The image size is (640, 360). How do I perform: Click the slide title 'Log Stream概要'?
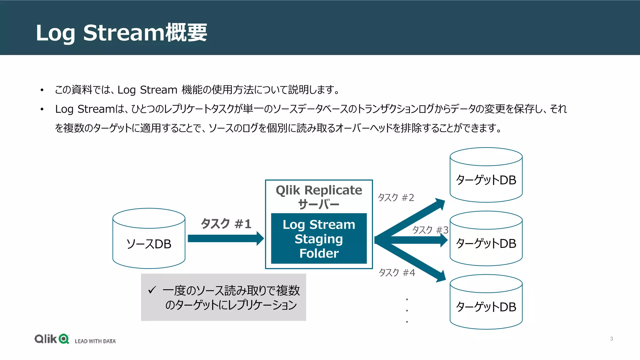point(121,32)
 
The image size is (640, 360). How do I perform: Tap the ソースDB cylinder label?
point(149,244)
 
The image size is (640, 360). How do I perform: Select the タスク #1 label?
point(226,224)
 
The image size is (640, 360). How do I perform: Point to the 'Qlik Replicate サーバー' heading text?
point(319,197)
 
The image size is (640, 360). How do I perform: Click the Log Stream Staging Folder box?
point(319,239)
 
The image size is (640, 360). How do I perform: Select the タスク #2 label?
point(396,197)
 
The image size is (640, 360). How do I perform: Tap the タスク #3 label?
point(430,230)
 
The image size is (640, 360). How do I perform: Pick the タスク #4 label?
point(397,273)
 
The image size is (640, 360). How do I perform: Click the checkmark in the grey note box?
point(152,290)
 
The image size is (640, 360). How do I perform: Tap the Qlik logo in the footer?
point(52,339)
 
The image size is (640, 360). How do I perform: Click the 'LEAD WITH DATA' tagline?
point(95,341)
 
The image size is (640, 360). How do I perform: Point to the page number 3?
point(611,339)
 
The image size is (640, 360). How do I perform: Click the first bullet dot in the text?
point(42,91)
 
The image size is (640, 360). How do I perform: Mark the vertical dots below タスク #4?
point(407,310)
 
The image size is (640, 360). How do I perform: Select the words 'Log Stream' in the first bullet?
point(147,90)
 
